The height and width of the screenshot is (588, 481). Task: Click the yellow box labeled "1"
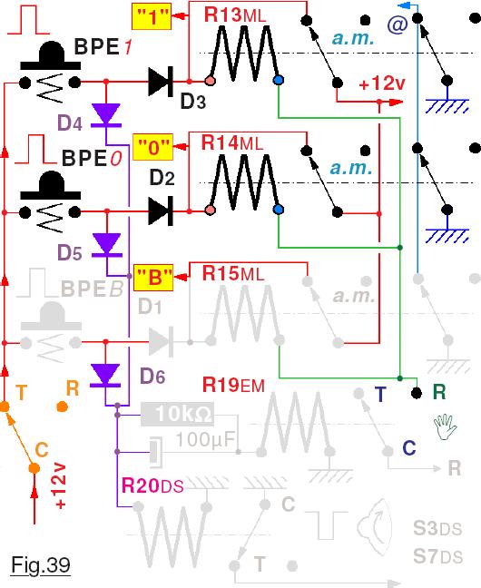pos(152,16)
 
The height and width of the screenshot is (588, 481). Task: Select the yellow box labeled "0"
pos(152,147)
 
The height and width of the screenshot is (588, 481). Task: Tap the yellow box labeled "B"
pos(153,278)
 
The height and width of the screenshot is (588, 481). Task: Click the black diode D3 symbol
pos(161,81)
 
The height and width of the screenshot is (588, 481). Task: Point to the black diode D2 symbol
pos(161,211)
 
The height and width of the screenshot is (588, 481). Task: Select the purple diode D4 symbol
pos(106,115)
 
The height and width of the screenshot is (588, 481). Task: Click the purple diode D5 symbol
pos(107,245)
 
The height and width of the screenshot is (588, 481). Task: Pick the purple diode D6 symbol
pos(106,376)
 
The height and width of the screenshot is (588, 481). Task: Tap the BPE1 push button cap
pos(50,56)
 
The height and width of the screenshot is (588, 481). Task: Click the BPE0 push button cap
pos(50,186)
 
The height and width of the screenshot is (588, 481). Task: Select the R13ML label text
pos(235,15)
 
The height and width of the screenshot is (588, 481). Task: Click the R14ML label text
pos(232,142)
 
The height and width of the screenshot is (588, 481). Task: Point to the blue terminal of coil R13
pos(279,80)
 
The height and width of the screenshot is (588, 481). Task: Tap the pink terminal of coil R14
pos(211,210)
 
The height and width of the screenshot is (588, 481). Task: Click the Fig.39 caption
pos(41,564)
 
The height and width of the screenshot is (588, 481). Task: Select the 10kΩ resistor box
pos(178,415)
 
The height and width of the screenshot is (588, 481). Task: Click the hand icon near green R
pos(445,426)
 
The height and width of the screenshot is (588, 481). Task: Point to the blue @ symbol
pos(398,24)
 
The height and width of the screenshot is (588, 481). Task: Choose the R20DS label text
pos(152,486)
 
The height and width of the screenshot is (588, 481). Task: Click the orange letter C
pos(42,450)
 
